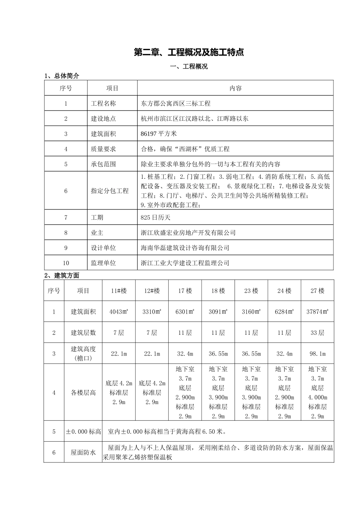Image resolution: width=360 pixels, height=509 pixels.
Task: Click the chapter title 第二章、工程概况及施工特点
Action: coord(189,52)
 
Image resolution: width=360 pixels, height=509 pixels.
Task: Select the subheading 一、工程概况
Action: coord(189,67)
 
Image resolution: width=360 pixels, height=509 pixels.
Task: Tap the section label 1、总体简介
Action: coord(62,76)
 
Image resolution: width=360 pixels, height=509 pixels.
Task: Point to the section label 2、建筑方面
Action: coord(62,275)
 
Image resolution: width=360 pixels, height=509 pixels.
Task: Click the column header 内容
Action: coord(235,88)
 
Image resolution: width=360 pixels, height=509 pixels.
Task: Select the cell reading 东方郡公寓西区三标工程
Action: coord(175,103)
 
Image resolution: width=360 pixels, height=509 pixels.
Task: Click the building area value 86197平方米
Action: coord(159,134)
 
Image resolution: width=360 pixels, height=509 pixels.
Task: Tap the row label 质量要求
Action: coord(103,149)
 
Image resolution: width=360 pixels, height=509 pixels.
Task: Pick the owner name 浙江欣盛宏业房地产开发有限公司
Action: coord(188,233)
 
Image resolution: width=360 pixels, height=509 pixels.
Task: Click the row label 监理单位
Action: coord(103,263)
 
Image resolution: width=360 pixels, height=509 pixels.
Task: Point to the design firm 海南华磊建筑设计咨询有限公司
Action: coord(185,248)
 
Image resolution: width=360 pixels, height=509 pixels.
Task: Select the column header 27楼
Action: coord(318,291)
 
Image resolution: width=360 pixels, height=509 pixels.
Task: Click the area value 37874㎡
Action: coord(318,312)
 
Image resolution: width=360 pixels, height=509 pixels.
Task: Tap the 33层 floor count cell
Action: coord(318,333)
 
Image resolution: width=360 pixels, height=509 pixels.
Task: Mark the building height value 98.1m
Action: coord(318,354)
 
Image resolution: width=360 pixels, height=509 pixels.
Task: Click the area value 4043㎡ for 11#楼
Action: coord(119,312)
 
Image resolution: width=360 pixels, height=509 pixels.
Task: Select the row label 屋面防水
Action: coord(83,452)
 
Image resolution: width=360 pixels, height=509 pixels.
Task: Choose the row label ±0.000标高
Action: coord(83,431)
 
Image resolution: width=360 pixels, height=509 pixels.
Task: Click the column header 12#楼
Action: coord(152,291)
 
